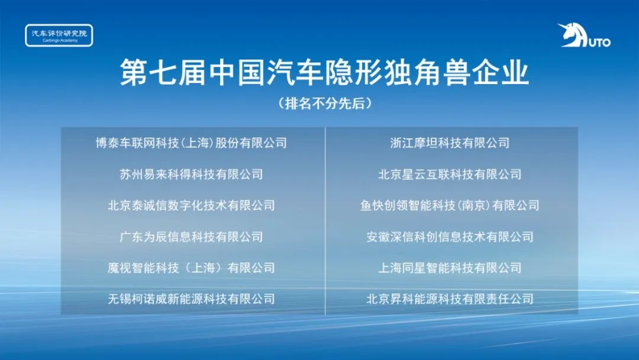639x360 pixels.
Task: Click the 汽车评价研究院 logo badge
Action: (x=59, y=36)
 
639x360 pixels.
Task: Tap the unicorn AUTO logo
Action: (x=584, y=36)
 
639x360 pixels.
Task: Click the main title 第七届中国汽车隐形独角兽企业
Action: (x=324, y=73)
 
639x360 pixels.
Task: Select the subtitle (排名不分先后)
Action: (x=325, y=104)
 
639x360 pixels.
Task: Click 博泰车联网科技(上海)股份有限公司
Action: (x=191, y=143)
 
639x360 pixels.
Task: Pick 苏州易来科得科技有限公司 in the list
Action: (x=191, y=175)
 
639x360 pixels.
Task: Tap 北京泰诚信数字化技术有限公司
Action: (x=191, y=205)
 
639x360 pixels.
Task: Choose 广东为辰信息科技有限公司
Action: (x=191, y=237)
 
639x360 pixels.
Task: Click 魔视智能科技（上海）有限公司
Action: (x=191, y=268)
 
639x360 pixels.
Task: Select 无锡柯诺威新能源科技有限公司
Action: (x=191, y=299)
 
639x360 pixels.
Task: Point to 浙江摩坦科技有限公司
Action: (x=450, y=143)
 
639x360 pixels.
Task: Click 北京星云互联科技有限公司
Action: (x=450, y=175)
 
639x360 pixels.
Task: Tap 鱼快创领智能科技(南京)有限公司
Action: (x=450, y=205)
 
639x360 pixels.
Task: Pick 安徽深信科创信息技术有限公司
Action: (x=450, y=237)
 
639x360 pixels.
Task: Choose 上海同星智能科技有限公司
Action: (x=450, y=268)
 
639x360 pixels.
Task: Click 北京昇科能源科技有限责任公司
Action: (x=450, y=299)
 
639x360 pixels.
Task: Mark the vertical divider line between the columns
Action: (x=325, y=221)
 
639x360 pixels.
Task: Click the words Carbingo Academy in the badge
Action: (x=60, y=41)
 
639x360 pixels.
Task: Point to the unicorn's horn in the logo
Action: (x=563, y=27)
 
